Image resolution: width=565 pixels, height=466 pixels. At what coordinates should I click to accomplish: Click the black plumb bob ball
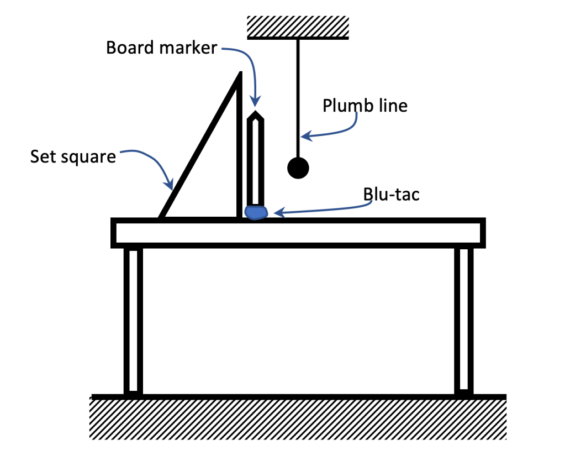coord(298,167)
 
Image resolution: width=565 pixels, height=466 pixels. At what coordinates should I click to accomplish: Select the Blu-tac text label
coord(391,194)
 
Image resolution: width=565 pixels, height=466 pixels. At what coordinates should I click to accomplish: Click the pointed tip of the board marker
coord(255,114)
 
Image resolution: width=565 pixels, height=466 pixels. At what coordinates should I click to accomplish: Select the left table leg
coord(133,321)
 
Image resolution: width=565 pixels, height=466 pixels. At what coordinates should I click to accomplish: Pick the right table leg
coord(464,321)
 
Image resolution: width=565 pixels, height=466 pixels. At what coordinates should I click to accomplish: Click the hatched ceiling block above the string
coord(298,27)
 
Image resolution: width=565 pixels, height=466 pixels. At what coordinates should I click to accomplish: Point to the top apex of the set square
coord(240,74)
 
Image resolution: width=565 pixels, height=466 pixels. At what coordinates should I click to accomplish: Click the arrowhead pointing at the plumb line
coord(304,136)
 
